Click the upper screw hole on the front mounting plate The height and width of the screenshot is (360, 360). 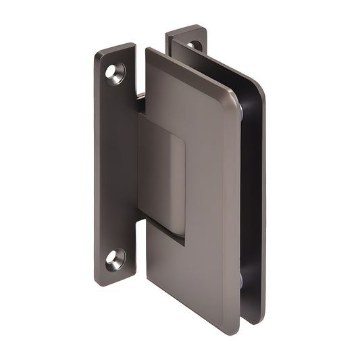coord(115,73)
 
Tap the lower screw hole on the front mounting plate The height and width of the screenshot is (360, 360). coord(115,259)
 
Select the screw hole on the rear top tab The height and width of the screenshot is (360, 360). coord(195,45)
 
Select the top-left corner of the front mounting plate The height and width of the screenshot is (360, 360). coord(97,53)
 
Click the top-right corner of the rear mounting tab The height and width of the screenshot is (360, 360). coord(203,28)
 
